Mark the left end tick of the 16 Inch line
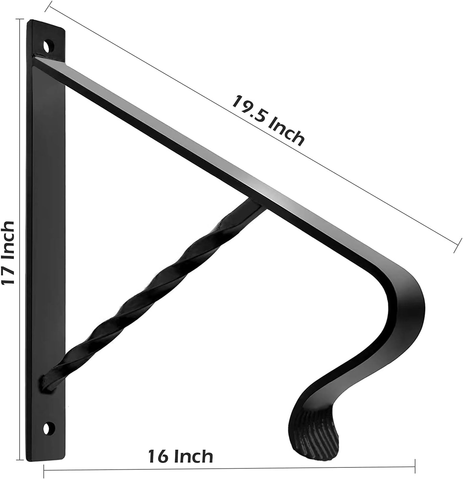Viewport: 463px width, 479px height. pyautogui.click(x=44, y=470)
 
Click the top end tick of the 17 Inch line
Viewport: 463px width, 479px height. pyautogui.click(x=21, y=19)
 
